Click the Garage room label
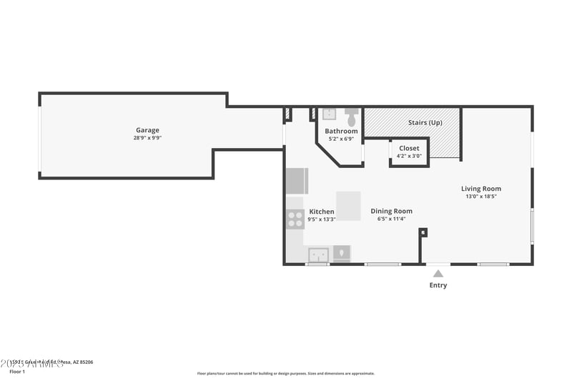[x=147, y=130]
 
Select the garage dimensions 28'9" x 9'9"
[x=147, y=137]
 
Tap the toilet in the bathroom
[x=352, y=114]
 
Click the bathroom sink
[x=329, y=114]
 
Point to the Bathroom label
[x=341, y=132]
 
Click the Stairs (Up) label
[x=425, y=122]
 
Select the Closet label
[x=409, y=148]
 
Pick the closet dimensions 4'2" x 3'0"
[x=409, y=155]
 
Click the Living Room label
[x=480, y=189]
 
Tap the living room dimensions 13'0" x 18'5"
[x=480, y=196]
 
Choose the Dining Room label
[x=391, y=211]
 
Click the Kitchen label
[x=321, y=212]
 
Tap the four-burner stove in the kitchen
[x=295, y=219]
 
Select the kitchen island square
[x=348, y=206]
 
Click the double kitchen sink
[x=318, y=254]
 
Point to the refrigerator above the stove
[x=297, y=181]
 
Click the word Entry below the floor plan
[x=438, y=285]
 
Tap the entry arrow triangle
[x=438, y=272]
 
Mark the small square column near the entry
[x=423, y=232]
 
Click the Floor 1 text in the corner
[x=16, y=372]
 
